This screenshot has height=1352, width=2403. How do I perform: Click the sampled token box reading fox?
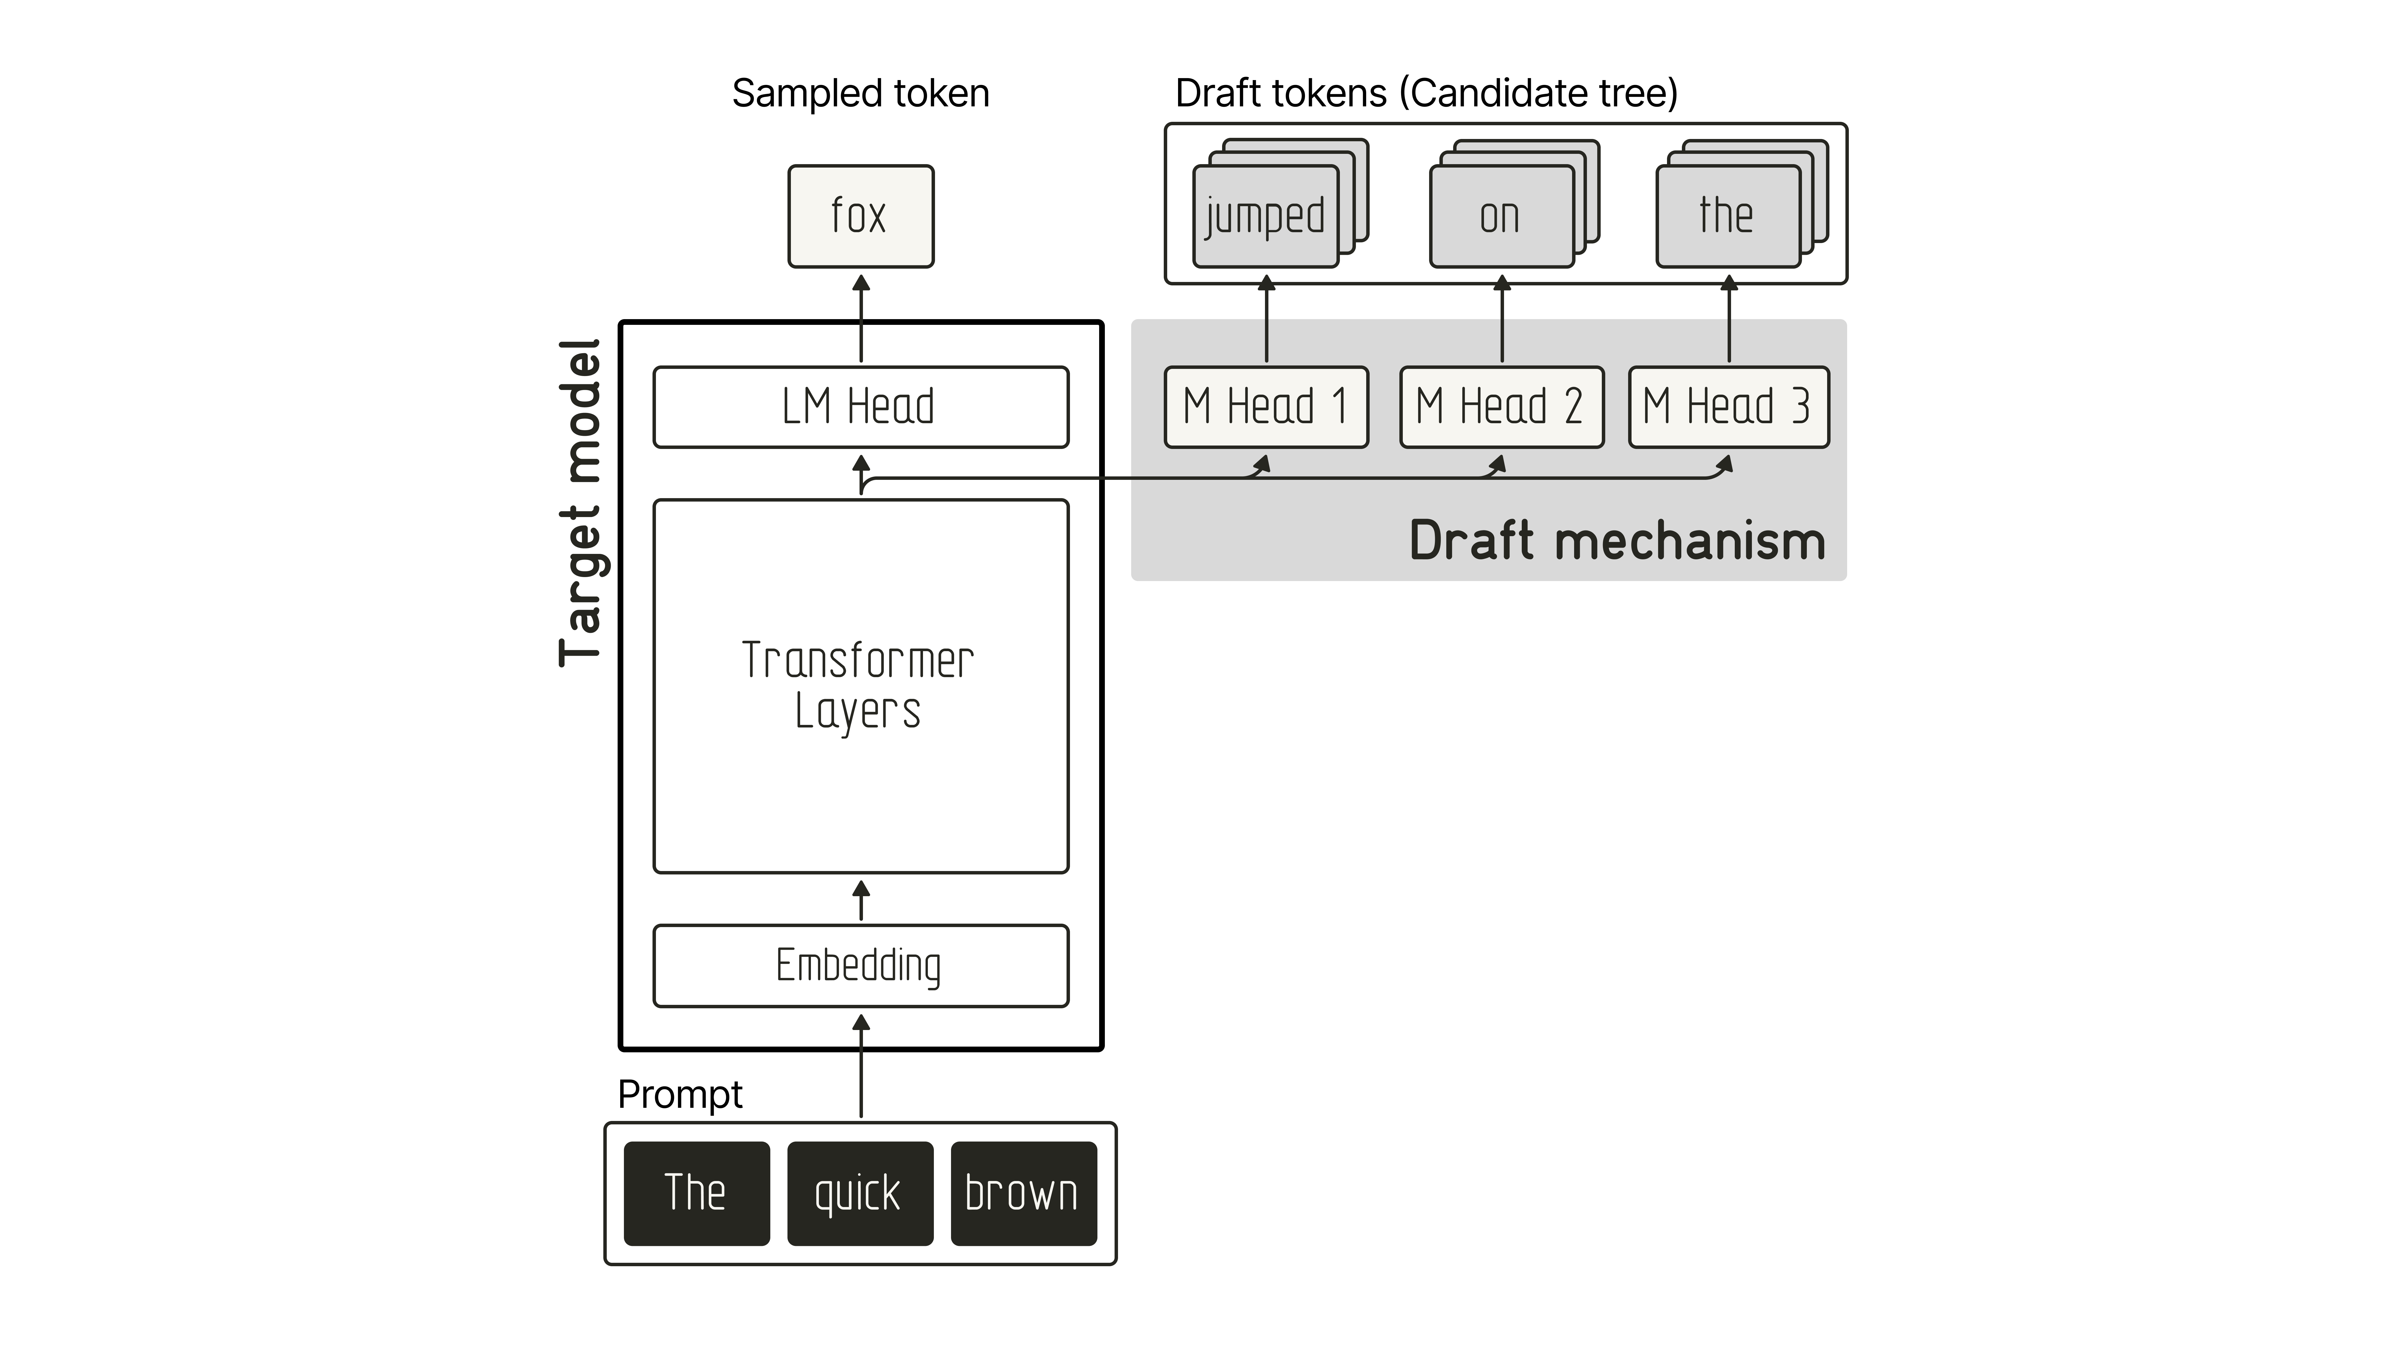coord(860,216)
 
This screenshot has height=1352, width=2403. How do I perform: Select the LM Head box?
coord(860,407)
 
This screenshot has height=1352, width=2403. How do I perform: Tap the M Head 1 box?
coord(1266,407)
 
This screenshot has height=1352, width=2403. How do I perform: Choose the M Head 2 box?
coord(1501,407)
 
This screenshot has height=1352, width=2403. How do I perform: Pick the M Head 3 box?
coord(1728,407)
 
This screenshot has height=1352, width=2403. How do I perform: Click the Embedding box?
coord(860,966)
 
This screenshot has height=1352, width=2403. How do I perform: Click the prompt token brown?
coord(1023,1193)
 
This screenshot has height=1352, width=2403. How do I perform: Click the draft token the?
coord(1728,216)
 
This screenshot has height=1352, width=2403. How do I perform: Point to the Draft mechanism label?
coord(1617,541)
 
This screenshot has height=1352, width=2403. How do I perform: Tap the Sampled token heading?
coord(860,93)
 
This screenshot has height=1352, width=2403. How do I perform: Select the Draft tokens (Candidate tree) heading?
coord(1426,93)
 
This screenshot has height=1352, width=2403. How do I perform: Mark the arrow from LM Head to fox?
coord(861,318)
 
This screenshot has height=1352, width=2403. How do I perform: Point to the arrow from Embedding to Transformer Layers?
coord(861,900)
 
